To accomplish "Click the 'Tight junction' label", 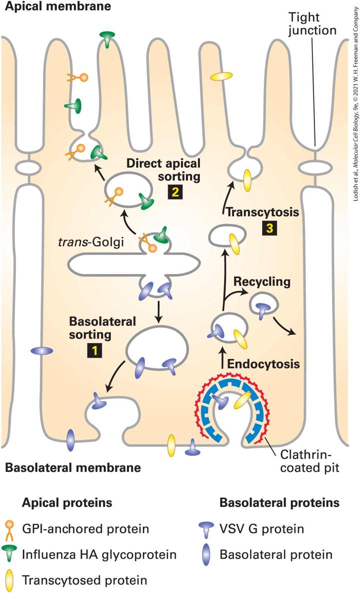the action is point(312,23).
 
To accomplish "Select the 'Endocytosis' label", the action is point(263,364).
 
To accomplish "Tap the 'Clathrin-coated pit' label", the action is point(309,461).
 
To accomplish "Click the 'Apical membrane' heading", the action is point(56,6).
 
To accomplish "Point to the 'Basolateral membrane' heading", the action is point(73,467).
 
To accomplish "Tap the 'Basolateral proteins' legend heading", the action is point(279,502).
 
